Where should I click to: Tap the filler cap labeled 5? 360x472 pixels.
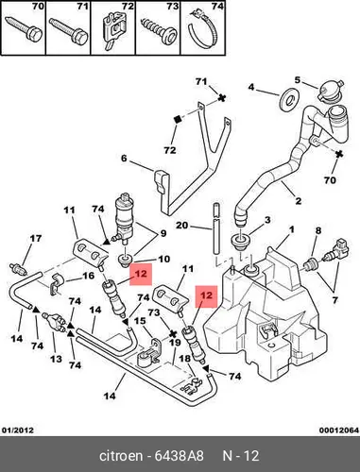tap(330, 91)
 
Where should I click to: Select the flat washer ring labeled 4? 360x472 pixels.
tap(288, 100)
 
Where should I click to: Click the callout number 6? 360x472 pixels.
tap(124, 159)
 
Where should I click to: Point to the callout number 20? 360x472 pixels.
tap(182, 226)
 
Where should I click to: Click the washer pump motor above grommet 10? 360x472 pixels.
tap(125, 219)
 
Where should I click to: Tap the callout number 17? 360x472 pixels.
tap(35, 238)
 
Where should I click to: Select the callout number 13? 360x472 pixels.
tap(56, 359)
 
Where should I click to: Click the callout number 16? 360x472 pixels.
tap(89, 276)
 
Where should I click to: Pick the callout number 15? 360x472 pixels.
tap(140, 321)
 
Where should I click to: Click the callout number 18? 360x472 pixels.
tap(185, 359)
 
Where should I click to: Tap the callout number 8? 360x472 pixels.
tap(318, 230)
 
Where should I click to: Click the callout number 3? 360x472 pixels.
tap(267, 220)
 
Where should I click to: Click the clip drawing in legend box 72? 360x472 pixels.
tap(114, 30)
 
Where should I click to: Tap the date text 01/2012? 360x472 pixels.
tap(18, 430)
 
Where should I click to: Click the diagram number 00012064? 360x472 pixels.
tap(339, 430)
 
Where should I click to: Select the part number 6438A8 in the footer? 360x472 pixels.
tap(179, 456)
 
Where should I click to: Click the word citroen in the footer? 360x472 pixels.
tap(121, 456)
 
